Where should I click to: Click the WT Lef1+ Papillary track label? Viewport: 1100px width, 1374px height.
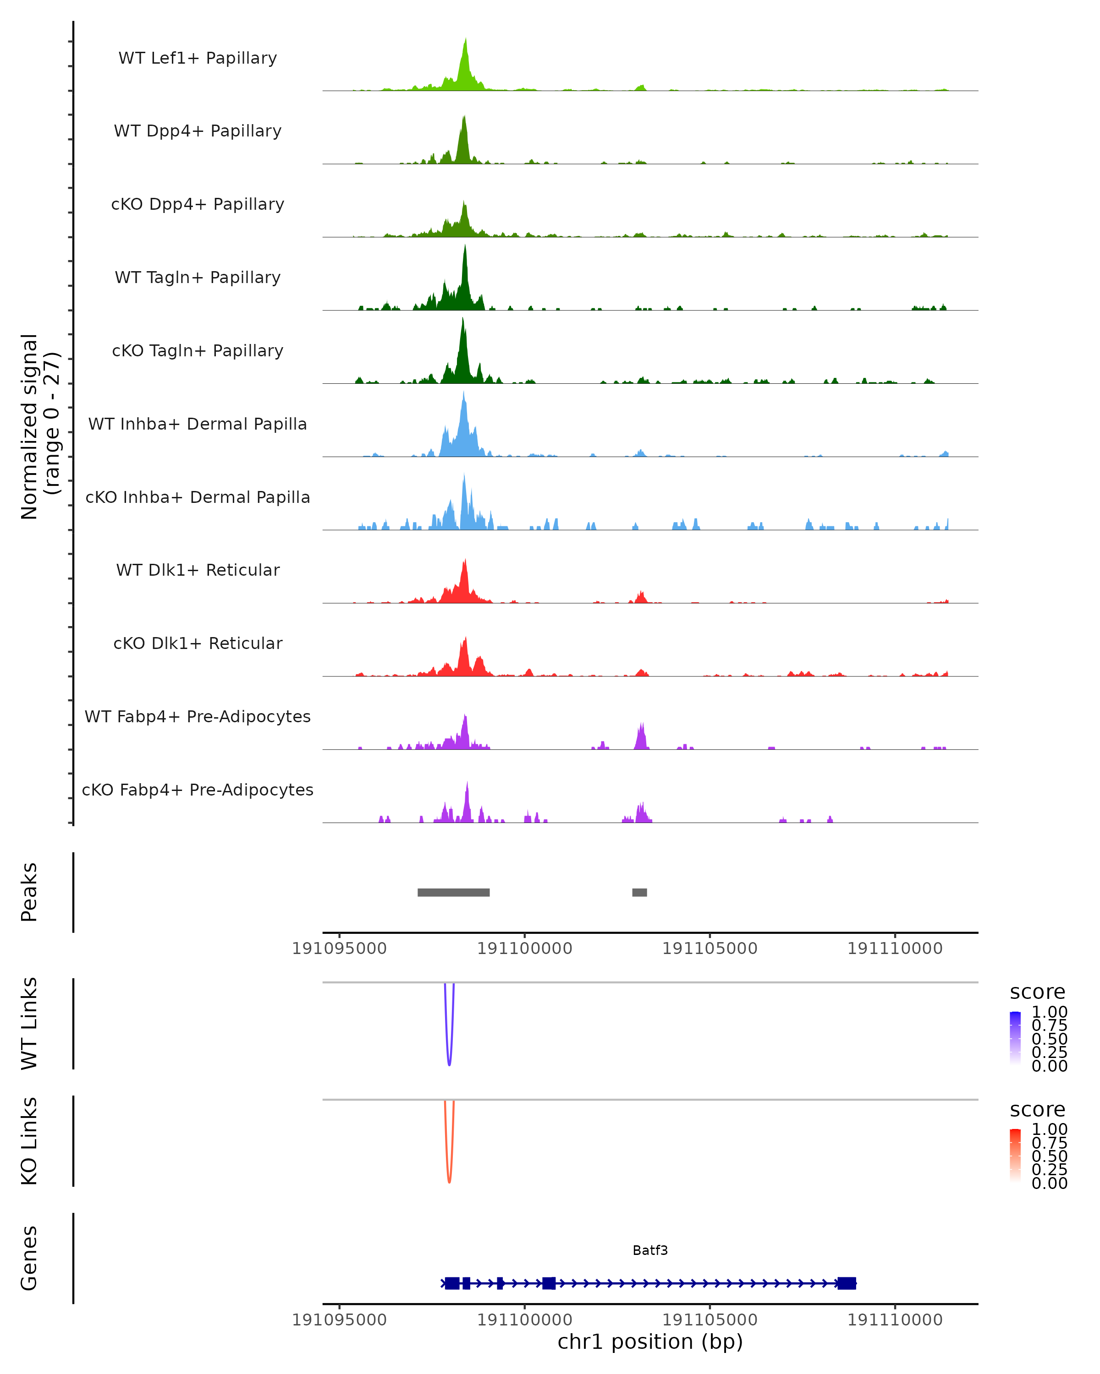pos(198,58)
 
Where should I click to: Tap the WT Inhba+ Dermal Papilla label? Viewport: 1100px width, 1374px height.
pos(198,424)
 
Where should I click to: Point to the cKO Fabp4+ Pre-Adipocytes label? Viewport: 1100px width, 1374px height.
pos(198,790)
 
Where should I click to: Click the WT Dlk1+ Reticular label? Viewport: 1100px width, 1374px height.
pos(198,570)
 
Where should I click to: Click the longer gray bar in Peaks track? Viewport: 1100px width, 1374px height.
pos(453,892)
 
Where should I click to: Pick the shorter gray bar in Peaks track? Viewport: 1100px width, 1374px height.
pos(639,892)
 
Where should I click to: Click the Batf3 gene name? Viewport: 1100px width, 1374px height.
pos(650,1250)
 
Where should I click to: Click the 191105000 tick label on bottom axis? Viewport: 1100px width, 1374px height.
pos(710,1320)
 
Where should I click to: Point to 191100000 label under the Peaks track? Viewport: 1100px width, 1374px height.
pos(525,949)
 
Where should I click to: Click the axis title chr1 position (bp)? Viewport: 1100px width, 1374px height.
pos(650,1342)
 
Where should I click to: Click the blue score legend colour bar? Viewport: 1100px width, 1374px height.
pos(1015,1037)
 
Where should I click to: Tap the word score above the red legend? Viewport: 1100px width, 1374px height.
pos(1037,1110)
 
